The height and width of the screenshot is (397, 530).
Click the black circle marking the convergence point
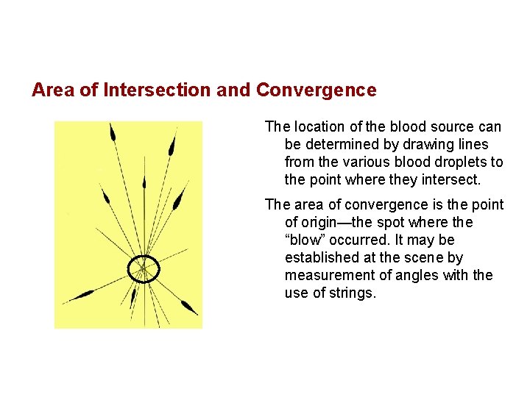tap(144, 270)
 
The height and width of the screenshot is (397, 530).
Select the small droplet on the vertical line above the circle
tap(144, 182)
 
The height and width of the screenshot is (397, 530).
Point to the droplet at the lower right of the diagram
tap(188, 307)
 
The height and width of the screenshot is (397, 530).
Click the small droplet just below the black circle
tap(133, 296)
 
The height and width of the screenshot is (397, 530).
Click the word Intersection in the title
tap(157, 90)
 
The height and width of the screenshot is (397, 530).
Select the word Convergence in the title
tap(316, 90)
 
